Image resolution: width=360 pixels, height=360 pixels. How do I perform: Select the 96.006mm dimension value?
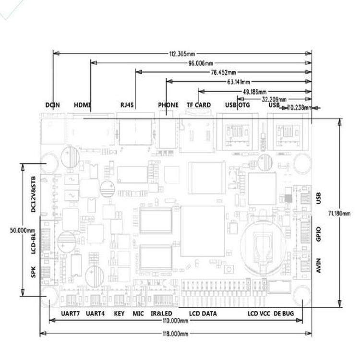point(201,63)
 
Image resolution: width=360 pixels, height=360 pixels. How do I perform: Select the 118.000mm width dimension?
point(176,333)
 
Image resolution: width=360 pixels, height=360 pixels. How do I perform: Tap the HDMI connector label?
point(82,105)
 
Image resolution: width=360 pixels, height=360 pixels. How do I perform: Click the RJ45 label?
point(127,105)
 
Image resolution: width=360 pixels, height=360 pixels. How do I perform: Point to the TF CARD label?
point(198,105)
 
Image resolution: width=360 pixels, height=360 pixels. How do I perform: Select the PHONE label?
point(168,105)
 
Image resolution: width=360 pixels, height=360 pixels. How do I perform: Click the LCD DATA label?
point(203,313)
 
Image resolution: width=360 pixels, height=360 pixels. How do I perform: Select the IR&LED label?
point(161,313)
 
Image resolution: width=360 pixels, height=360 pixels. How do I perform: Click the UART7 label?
point(71,313)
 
